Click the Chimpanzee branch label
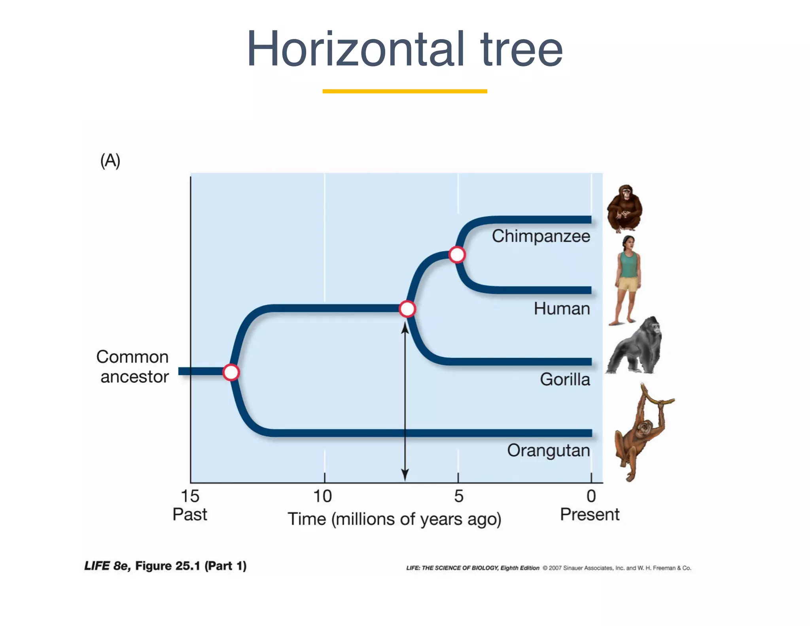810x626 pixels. click(x=541, y=236)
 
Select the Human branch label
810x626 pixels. click(x=562, y=309)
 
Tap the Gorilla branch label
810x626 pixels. click(x=565, y=379)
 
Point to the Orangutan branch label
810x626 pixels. click(x=549, y=451)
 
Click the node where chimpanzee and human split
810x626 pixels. click(x=457, y=254)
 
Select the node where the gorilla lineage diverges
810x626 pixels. click(x=407, y=309)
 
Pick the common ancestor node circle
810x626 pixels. click(x=231, y=372)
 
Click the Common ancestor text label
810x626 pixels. click(x=133, y=367)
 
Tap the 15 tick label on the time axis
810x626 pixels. click(x=190, y=496)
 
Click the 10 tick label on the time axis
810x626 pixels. click(x=323, y=496)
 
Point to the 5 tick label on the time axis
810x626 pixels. click(x=458, y=496)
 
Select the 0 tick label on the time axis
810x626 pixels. click(x=591, y=496)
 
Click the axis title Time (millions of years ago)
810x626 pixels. click(x=394, y=519)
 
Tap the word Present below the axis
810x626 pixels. click(x=589, y=515)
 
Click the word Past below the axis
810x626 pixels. click(x=190, y=515)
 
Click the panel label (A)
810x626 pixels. click(x=110, y=161)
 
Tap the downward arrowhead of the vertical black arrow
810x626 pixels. click(x=405, y=474)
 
